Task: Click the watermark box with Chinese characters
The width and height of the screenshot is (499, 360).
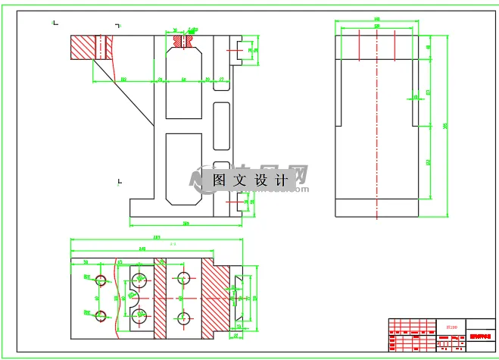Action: click(251, 180)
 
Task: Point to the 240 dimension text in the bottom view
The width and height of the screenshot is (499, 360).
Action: click(142, 248)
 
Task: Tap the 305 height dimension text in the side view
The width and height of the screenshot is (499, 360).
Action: click(444, 126)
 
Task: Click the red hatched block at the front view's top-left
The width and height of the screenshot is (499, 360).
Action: click(91, 48)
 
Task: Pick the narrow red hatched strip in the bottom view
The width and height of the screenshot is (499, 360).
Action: click(160, 297)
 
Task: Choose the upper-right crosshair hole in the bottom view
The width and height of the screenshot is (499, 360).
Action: click(182, 277)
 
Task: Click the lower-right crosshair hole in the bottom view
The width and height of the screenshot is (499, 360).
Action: click(182, 318)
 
